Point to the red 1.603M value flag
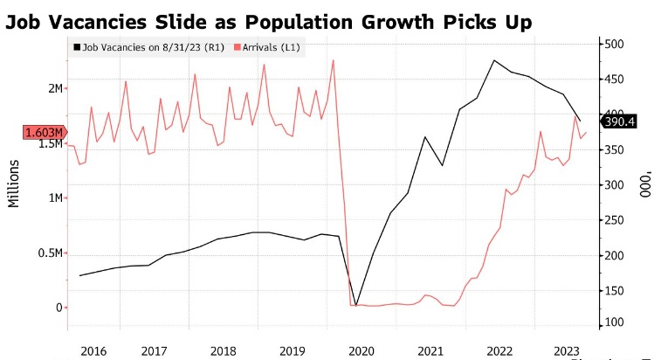pyautogui.click(x=43, y=132)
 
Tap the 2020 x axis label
pyautogui.click(x=361, y=350)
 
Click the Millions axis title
pyautogui.click(x=15, y=183)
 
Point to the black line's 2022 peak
pyautogui.click(x=495, y=60)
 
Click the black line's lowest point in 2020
pyautogui.click(x=355, y=305)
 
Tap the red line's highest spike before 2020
pyautogui.click(x=334, y=59)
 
